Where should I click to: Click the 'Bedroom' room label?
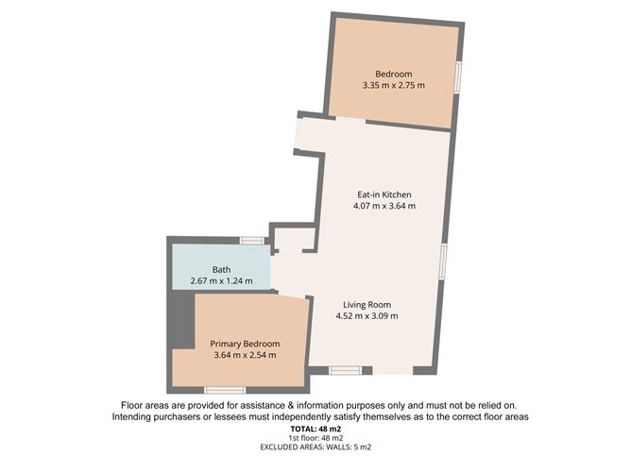393,74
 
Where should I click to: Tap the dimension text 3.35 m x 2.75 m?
393,86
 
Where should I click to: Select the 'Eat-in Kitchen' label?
383,194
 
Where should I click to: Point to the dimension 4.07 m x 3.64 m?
383,206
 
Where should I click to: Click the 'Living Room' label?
367,304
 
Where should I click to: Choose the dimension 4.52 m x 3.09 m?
367,316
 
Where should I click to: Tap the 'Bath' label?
196,269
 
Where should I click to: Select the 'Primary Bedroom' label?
245,343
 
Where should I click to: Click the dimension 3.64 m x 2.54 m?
245,355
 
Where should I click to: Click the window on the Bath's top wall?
251,241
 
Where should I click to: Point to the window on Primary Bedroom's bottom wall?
225,390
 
